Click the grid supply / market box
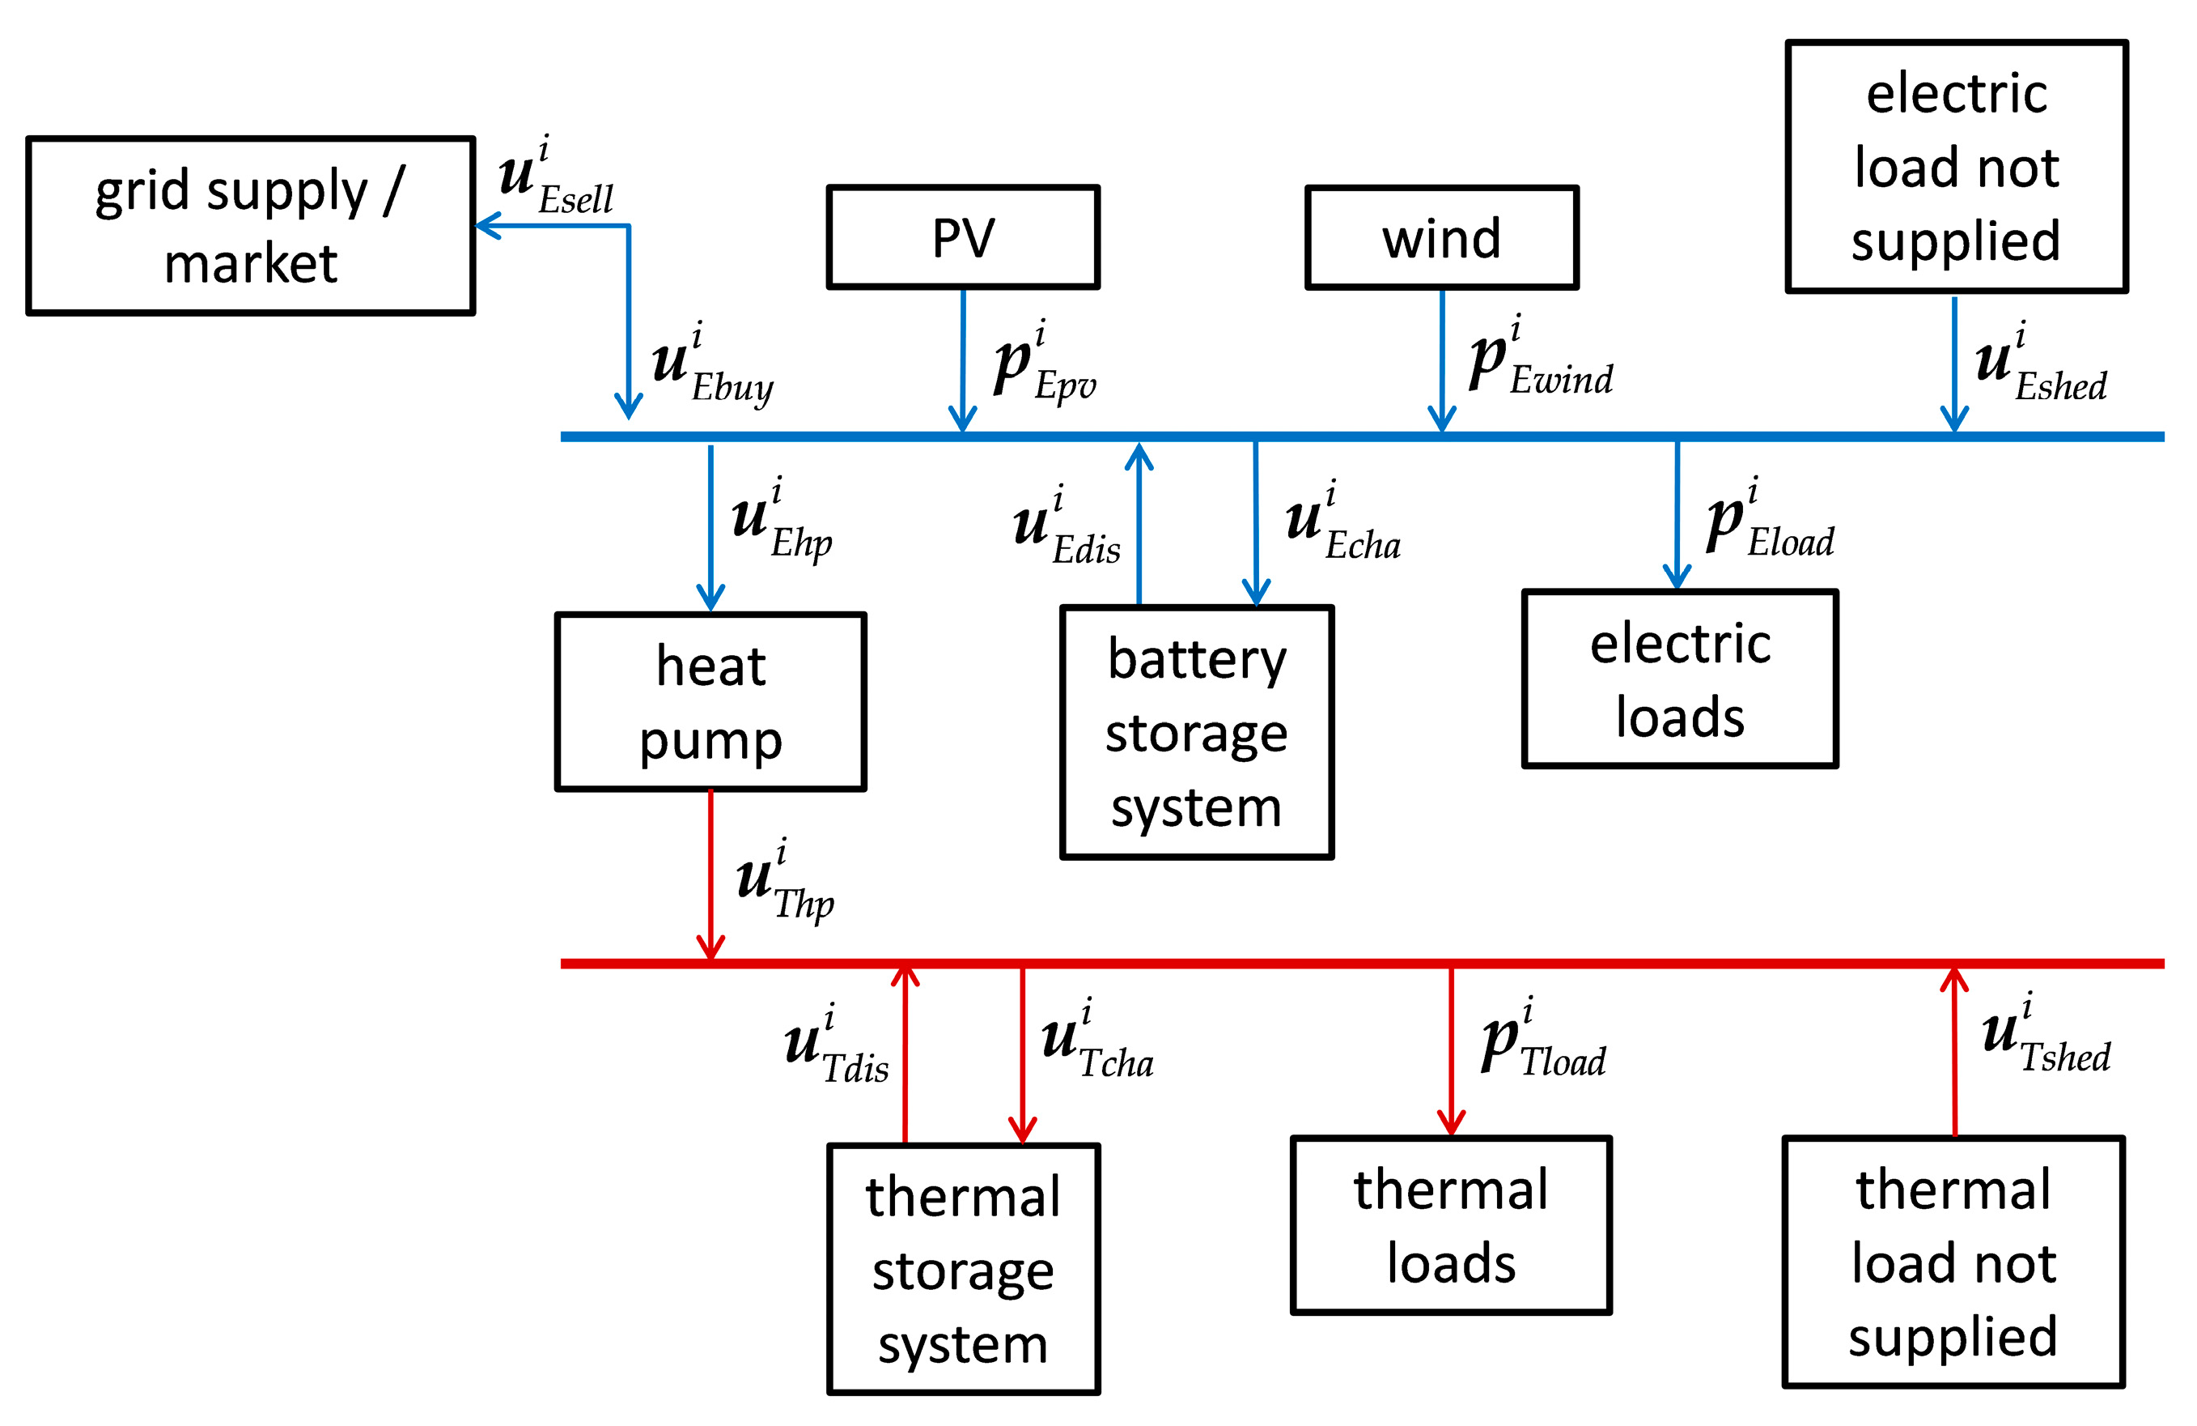250,226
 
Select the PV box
963,237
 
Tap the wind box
1441,237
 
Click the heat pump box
710,702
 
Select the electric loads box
1679,679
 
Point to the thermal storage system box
963,1269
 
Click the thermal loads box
1450,1224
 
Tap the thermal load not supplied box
1953,1262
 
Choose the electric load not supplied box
1956,166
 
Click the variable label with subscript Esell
553,178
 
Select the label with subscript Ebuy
710,366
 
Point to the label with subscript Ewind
1540,360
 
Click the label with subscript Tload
1542,1040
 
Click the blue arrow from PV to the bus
963,360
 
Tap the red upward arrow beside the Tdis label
905,1053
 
